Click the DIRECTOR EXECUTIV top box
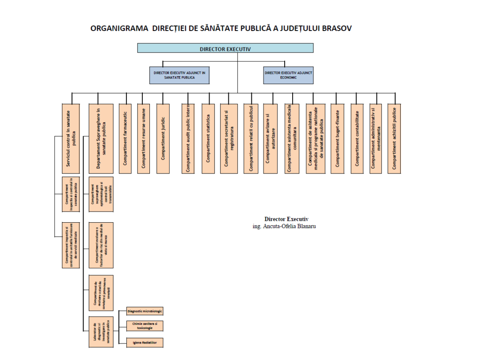click(225, 48)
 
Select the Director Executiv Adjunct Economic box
click(288, 75)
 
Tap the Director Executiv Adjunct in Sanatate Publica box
click(179, 75)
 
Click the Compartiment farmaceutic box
click(125, 138)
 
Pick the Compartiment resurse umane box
click(144, 138)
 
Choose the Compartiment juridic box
click(163, 138)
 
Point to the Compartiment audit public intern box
click(188, 138)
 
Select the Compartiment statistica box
click(208, 138)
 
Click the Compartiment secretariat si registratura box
click(229, 138)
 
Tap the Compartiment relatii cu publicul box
click(251, 138)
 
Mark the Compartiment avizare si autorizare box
click(270, 138)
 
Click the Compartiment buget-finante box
click(337, 138)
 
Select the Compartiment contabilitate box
click(357, 138)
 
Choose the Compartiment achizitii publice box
click(394, 138)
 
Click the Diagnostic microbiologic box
click(145, 311)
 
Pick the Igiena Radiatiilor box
click(145, 343)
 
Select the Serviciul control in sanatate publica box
click(71, 138)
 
